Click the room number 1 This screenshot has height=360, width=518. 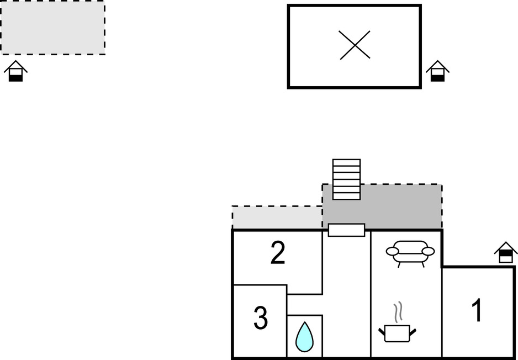476,310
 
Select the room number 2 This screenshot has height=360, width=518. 278,253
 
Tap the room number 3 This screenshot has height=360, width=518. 261,319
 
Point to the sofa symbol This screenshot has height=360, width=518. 410,253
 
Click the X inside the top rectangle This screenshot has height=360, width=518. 355,45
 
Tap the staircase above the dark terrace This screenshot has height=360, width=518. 346,179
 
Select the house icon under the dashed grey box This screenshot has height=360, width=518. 15,71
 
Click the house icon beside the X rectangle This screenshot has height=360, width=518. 437,71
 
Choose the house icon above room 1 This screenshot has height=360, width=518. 505,252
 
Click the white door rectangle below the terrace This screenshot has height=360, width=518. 346,230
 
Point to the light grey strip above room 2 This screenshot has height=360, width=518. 277,218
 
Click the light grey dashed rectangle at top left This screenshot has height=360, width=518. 52,28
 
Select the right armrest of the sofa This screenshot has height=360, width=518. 428,251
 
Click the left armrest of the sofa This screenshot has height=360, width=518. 392,252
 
